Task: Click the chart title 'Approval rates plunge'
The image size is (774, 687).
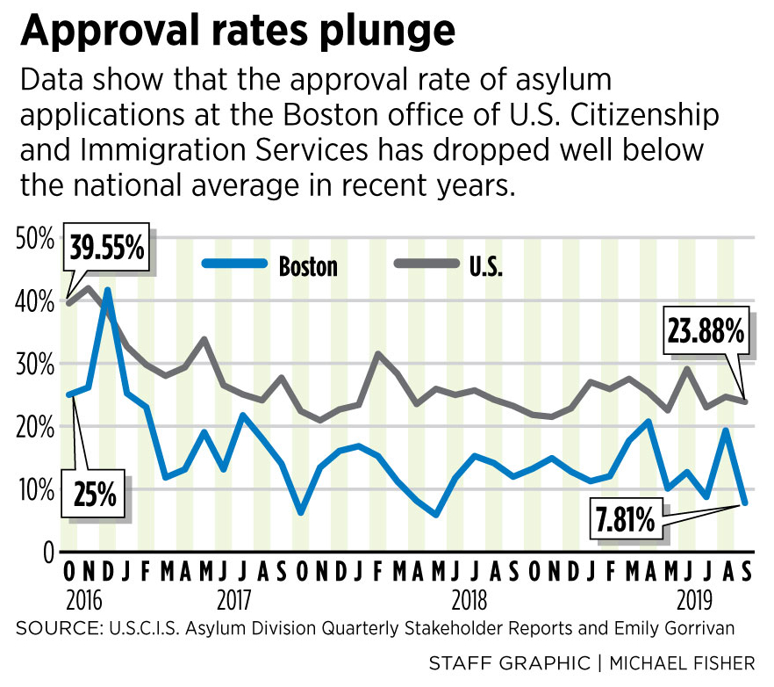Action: (238, 32)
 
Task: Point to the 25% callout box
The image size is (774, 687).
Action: (94, 495)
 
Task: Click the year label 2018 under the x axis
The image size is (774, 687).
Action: (470, 602)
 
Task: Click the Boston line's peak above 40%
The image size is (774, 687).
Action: (107, 290)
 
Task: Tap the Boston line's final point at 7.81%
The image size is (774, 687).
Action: (745, 503)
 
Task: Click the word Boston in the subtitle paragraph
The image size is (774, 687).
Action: (407, 116)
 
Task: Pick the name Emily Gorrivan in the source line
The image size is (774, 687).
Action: (675, 628)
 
